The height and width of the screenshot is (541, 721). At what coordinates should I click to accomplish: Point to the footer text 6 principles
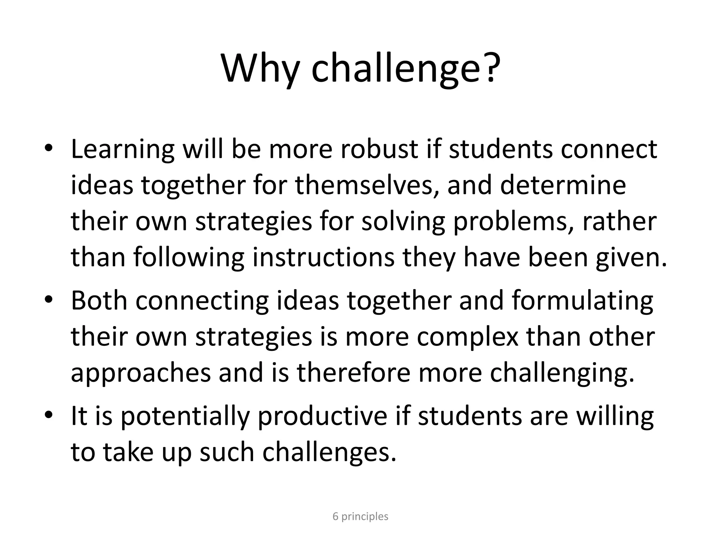click(x=360, y=516)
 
